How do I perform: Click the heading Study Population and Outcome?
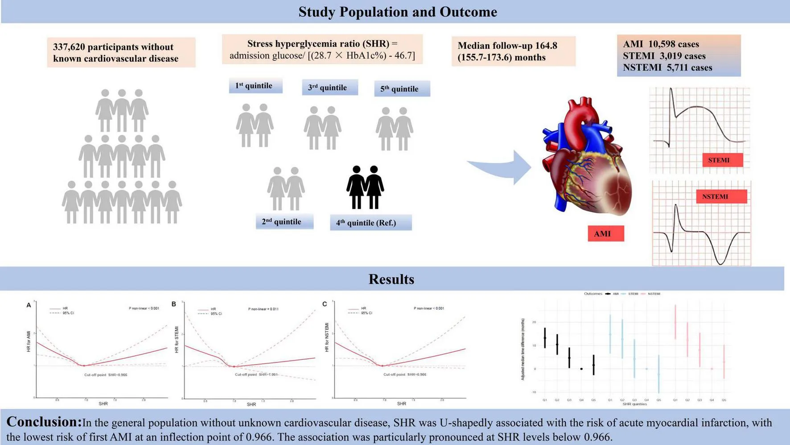click(x=397, y=12)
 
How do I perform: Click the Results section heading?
click(x=391, y=279)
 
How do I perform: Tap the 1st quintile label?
click(x=255, y=86)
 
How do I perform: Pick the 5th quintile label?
click(x=401, y=89)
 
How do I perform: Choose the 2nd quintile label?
click(x=284, y=222)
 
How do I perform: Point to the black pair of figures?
click(x=365, y=187)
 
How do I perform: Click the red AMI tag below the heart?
click(x=605, y=234)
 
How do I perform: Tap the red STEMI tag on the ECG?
click(x=722, y=160)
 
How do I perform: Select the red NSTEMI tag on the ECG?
click(x=720, y=197)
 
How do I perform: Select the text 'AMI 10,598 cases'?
click(x=661, y=44)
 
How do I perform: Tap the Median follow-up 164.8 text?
click(x=507, y=46)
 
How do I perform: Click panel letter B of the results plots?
click(x=174, y=304)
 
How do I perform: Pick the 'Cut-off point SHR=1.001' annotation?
click(x=256, y=374)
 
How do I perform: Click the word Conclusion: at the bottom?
click(x=44, y=422)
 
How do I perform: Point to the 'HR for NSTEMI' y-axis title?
click(x=327, y=337)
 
